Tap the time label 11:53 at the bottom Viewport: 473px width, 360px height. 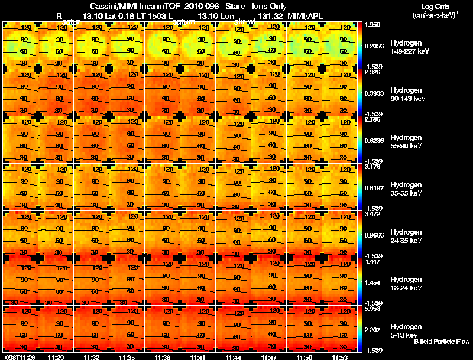click(340, 357)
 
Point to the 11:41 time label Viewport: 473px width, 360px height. click(198, 357)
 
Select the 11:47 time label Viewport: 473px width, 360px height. click(269, 357)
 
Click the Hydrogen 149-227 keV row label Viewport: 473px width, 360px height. click(409, 47)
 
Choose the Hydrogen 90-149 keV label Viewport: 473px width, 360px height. click(409, 95)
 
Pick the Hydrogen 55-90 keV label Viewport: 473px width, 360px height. click(409, 142)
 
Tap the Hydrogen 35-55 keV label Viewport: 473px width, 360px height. click(409, 189)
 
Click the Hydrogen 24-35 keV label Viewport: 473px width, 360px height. click(409, 236)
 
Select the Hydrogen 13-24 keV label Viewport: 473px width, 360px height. click(409, 284)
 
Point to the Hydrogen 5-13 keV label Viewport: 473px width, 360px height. click(409, 331)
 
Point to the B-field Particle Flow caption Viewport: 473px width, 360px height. click(442, 342)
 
